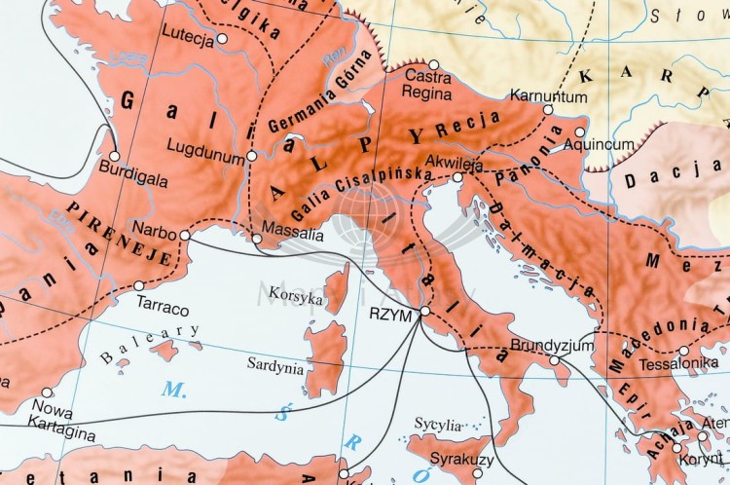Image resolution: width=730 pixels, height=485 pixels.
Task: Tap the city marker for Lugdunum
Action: coord(252,156)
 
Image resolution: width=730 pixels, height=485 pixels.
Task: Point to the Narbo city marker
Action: coord(185,235)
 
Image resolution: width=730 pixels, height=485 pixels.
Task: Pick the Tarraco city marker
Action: coord(139,285)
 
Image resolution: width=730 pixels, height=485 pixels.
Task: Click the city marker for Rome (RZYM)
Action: coord(424,312)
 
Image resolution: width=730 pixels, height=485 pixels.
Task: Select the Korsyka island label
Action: coord(296,299)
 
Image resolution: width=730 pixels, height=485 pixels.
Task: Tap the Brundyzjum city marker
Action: coord(554,360)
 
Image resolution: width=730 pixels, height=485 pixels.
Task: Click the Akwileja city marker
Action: coord(457,177)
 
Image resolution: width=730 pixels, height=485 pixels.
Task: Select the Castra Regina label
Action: coord(427,86)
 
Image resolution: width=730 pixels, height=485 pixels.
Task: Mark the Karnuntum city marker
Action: coord(548,110)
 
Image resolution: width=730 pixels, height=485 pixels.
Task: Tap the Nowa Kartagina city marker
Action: coord(46,392)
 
